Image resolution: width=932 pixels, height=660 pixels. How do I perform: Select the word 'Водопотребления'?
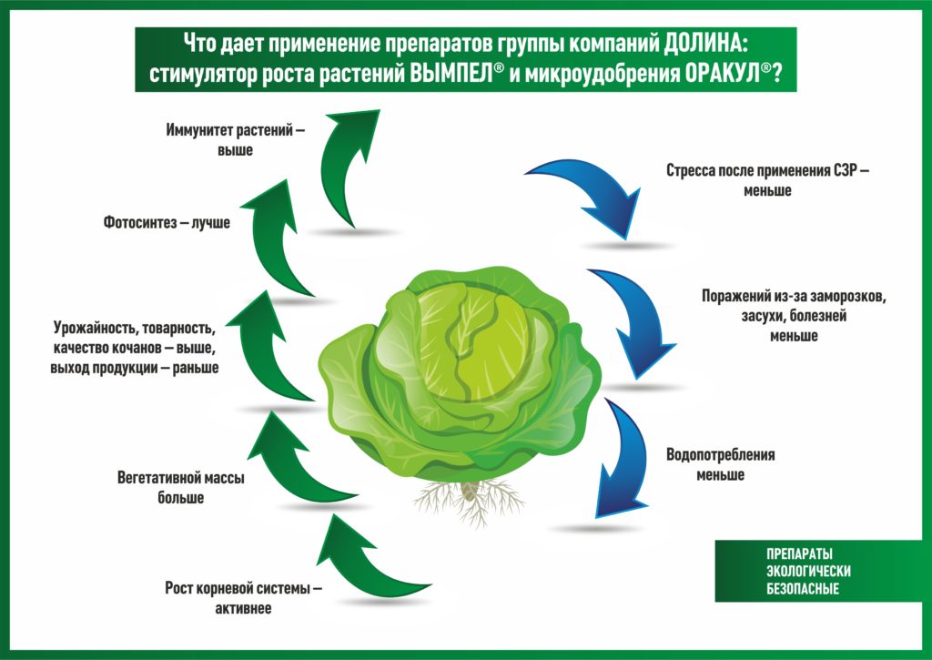click(721, 455)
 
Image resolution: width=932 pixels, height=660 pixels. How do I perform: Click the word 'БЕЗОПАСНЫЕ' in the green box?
click(803, 589)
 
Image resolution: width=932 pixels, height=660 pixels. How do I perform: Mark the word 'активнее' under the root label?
click(243, 609)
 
